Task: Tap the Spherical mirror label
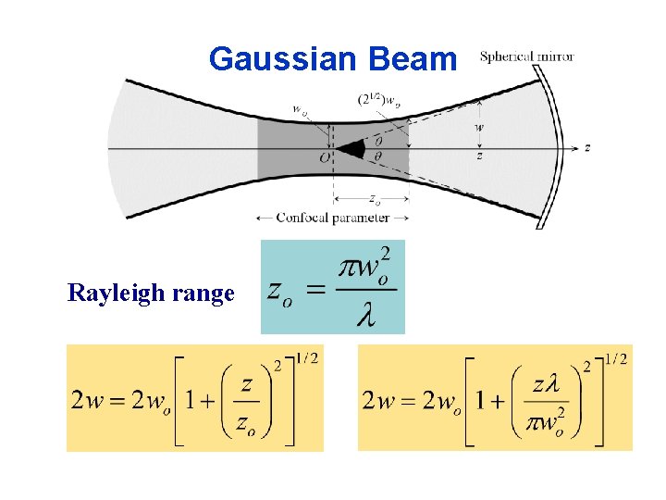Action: point(526,56)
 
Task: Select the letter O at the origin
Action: point(325,158)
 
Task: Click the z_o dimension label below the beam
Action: point(373,197)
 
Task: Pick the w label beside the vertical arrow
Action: point(478,127)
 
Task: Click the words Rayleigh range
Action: point(151,294)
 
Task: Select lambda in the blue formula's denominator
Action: point(366,317)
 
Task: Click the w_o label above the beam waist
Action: point(301,109)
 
